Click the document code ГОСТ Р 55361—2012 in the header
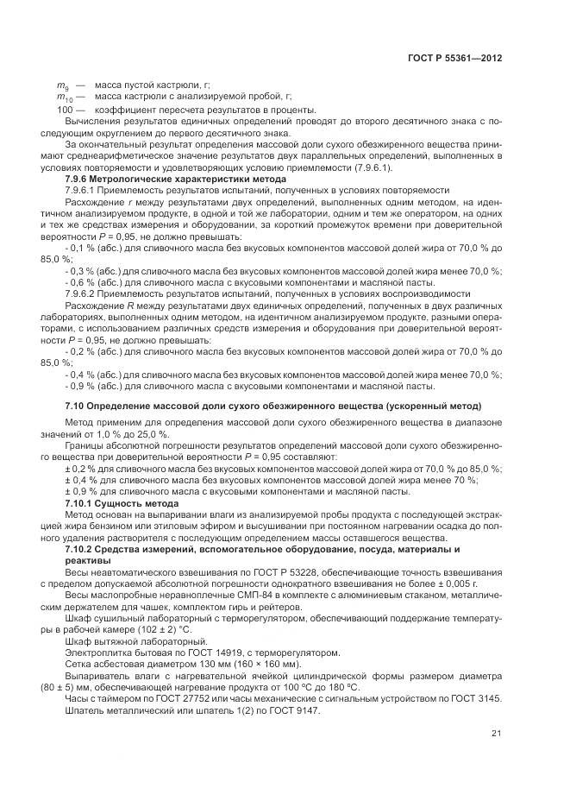(454, 59)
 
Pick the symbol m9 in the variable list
(62, 86)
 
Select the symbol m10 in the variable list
(64, 98)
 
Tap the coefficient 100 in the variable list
(66, 110)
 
